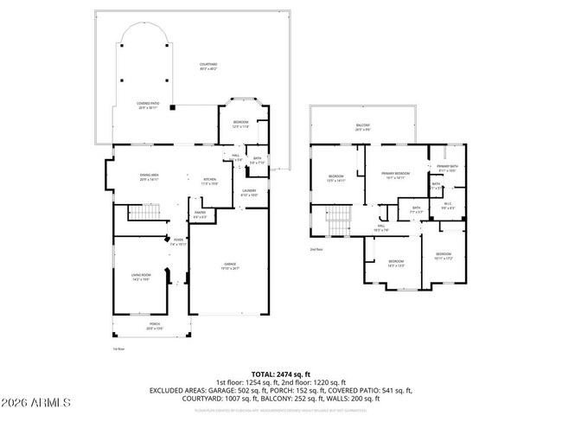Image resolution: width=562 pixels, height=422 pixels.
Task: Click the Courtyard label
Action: tap(208, 66)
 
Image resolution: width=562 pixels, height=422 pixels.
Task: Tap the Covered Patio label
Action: tap(147, 104)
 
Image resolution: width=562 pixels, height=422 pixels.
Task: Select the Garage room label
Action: tap(231, 265)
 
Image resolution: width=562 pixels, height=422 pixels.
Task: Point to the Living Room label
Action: tap(141, 276)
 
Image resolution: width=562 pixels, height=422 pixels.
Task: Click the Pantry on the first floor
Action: tap(199, 214)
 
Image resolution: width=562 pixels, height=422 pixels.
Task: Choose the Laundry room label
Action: tap(249, 193)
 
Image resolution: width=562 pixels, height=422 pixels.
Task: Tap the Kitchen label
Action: tap(208, 182)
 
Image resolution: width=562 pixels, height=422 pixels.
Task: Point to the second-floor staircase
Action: tap(337, 221)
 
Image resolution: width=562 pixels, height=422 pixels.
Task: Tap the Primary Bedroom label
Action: tap(395, 176)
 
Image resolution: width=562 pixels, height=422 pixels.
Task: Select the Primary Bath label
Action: tap(447, 168)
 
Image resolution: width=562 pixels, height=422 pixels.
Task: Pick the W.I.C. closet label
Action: tap(448, 206)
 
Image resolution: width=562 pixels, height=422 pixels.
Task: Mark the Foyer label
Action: tap(178, 242)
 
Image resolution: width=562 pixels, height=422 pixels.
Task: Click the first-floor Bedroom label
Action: tap(241, 125)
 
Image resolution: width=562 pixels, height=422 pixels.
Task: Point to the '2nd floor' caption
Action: tap(316, 249)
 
